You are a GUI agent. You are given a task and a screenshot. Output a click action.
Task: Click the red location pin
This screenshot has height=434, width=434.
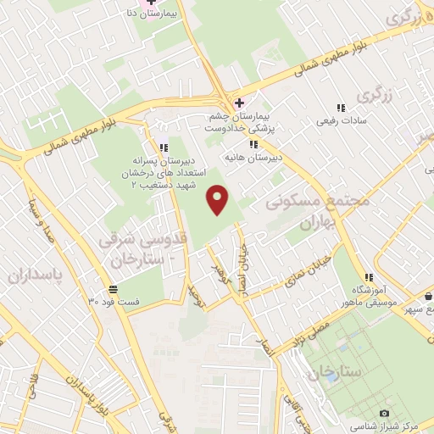click(x=219, y=200)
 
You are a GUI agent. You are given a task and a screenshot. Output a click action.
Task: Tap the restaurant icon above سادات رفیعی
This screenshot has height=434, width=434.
click(x=341, y=108)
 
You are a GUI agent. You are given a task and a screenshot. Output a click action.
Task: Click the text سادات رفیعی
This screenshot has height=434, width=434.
click(x=340, y=122)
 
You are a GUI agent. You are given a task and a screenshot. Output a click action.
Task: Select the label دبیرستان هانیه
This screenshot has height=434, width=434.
click(x=252, y=158)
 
